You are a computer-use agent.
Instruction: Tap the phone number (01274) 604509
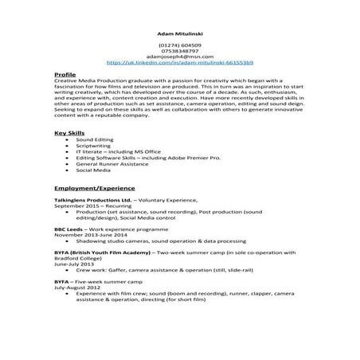coord(179,45)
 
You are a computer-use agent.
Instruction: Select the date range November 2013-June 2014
coord(89,235)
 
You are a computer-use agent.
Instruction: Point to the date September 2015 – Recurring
coord(88,205)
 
